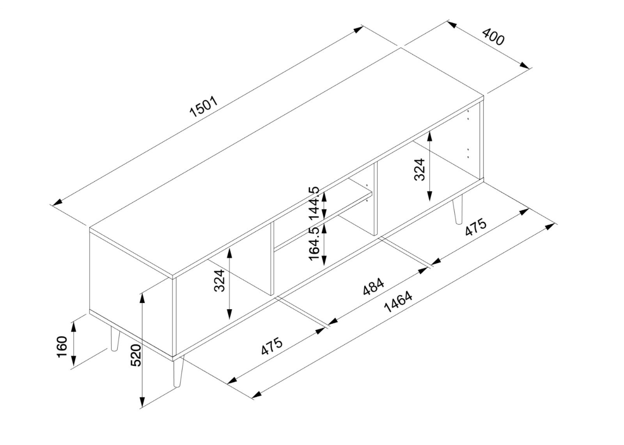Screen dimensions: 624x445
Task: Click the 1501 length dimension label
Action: pyautogui.click(x=204, y=107)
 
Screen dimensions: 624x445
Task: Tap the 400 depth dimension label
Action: pyautogui.click(x=493, y=36)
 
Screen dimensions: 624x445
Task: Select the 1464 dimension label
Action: pyautogui.click(x=398, y=302)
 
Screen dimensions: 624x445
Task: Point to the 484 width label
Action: pyautogui.click(x=374, y=286)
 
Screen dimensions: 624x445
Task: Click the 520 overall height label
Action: pyautogui.click(x=136, y=355)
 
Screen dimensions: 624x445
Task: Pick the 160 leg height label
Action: pyautogui.click(x=62, y=347)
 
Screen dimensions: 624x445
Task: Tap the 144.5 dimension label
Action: pyautogui.click(x=314, y=202)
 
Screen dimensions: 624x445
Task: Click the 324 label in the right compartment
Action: pyautogui.click(x=419, y=169)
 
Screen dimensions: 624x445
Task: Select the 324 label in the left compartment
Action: pyautogui.click(x=219, y=280)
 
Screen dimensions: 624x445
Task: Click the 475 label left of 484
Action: pyautogui.click(x=272, y=346)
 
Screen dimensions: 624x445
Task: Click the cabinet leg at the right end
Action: pyautogui.click(x=457, y=209)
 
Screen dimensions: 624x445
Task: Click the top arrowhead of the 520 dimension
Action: pyautogui.click(x=142, y=298)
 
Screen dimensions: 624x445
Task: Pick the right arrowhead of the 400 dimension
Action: pyautogui.click(x=525, y=65)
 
